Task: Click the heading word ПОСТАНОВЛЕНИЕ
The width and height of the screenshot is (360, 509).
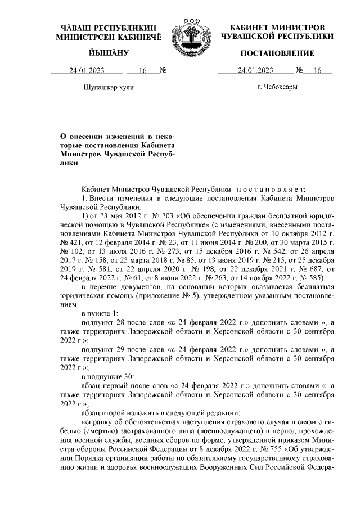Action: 277,53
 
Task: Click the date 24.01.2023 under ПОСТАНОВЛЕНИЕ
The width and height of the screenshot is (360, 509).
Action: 256,71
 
